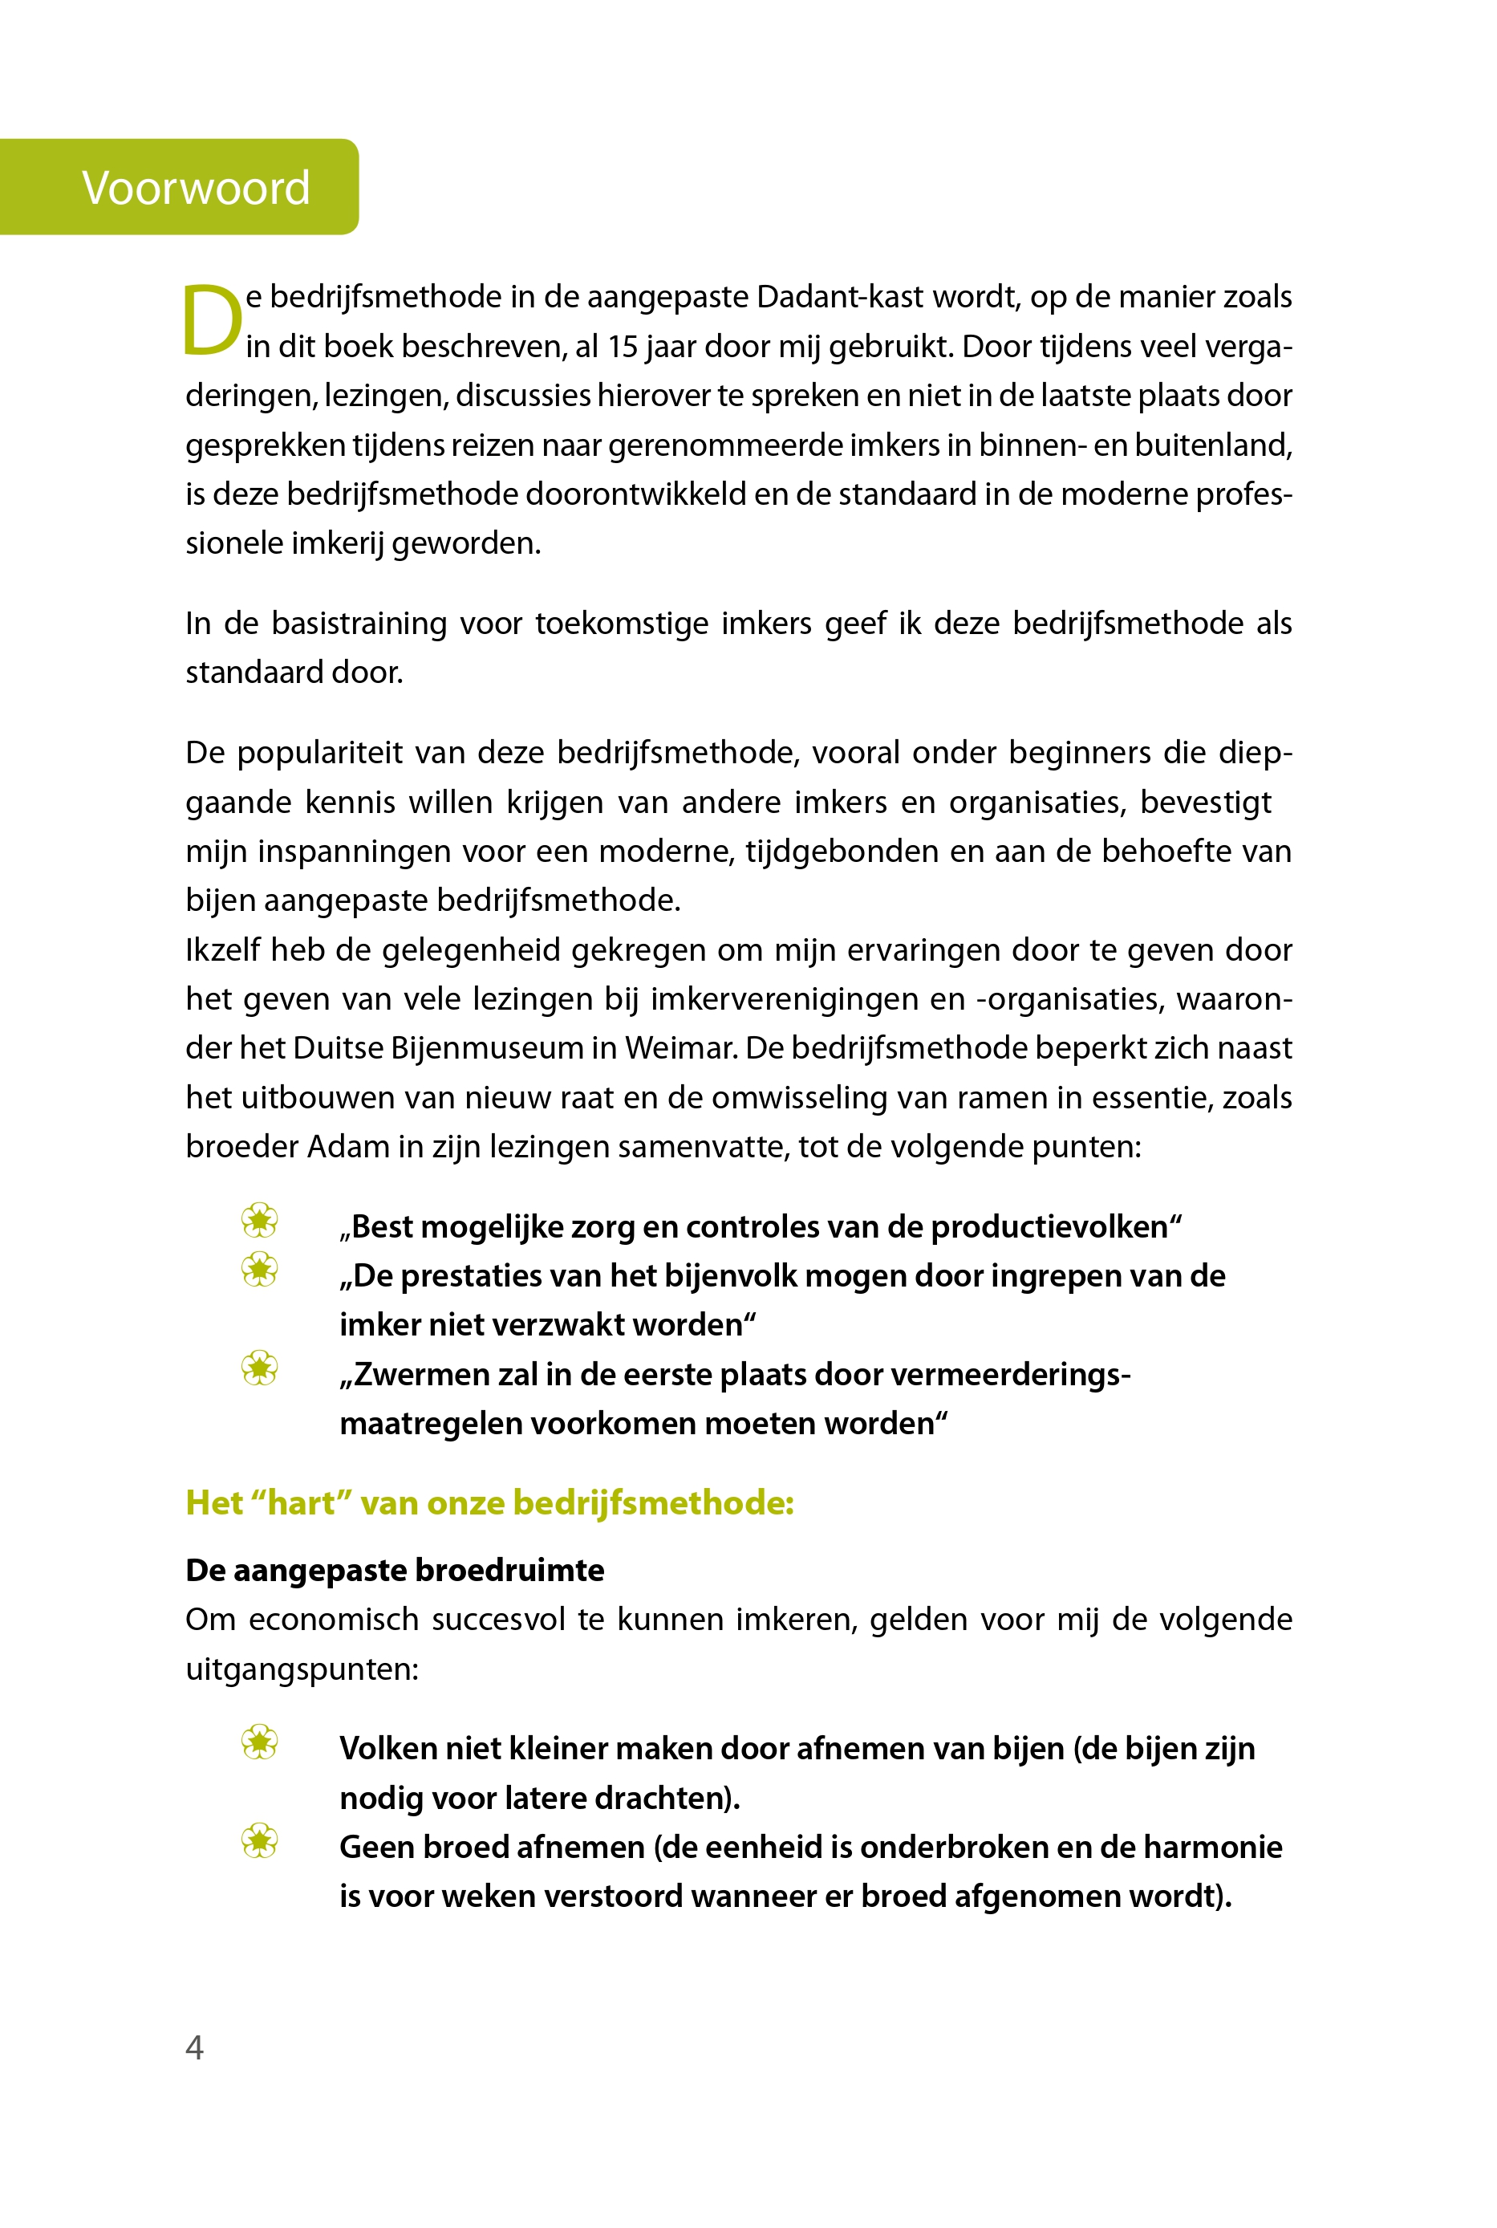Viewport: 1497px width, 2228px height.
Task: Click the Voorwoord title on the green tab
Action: [196, 187]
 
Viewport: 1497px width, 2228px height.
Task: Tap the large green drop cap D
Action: [212, 321]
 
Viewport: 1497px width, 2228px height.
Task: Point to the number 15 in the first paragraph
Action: [622, 347]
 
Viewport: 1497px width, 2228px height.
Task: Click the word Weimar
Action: [681, 1047]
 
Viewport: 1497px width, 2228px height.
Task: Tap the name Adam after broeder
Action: [348, 1146]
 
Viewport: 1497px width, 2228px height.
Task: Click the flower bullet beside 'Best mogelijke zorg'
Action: [260, 1221]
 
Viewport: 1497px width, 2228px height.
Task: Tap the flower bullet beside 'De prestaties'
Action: [260, 1271]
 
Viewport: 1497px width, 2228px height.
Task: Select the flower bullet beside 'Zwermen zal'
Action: [260, 1368]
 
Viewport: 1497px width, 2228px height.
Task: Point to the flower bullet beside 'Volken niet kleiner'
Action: [260, 1743]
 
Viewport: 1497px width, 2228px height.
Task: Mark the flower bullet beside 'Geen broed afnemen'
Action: [260, 1841]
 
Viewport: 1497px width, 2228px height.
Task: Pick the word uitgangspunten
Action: [302, 1669]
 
